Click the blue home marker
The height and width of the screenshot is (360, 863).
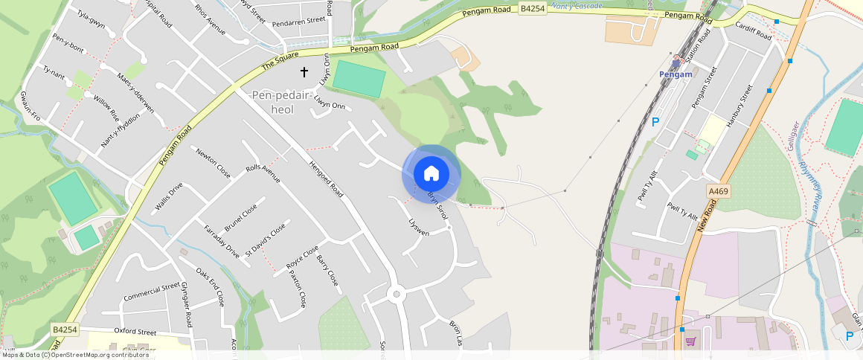click(x=431, y=174)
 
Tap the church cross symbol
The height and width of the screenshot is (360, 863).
click(x=304, y=71)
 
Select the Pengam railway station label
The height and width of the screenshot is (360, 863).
click(x=676, y=74)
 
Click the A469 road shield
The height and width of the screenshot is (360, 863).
click(x=719, y=191)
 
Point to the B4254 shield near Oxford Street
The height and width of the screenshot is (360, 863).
click(x=65, y=329)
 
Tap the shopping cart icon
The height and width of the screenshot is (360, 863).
click(x=690, y=341)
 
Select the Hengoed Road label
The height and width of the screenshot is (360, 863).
click(x=325, y=179)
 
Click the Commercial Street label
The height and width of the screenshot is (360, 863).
click(x=152, y=292)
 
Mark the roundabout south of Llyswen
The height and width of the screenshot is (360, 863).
click(x=397, y=294)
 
